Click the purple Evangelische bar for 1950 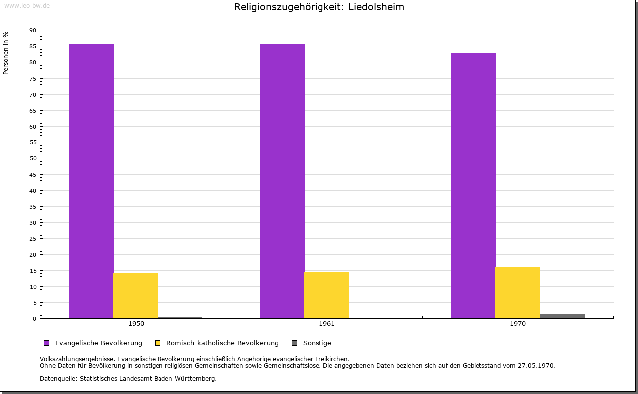[91, 181]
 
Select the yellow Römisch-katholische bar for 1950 [136, 295]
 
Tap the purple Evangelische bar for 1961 [282, 181]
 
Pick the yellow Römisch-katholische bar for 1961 [326, 295]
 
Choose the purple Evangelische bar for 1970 [474, 185]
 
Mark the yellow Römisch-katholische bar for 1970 [518, 293]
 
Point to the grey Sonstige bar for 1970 [562, 316]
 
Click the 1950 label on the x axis [136, 324]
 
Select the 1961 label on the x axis [327, 324]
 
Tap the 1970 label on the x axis [518, 324]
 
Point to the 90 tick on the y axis [33, 30]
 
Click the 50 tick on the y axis [33, 158]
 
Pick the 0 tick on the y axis [35, 319]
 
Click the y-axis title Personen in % [6, 53]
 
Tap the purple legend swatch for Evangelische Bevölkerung [47, 343]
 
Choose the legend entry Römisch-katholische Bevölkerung [222, 343]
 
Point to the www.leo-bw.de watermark [27, 5]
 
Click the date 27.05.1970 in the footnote [535, 365]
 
